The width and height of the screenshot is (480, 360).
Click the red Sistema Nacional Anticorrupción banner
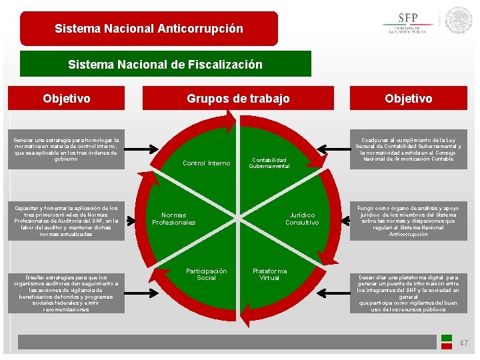[149, 29]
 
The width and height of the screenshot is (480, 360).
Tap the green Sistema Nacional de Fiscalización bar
[165, 65]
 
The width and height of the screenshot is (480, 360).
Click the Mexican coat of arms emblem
[459, 21]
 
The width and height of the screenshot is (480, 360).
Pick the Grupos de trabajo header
[238, 99]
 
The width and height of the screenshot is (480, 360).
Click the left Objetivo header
[67, 99]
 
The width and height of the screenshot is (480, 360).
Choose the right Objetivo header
[408, 99]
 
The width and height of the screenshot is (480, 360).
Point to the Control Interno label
[206, 163]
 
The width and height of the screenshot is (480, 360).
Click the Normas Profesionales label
[173, 219]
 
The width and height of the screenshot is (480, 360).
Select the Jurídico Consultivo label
[302, 219]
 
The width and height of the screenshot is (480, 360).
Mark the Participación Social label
[206, 274]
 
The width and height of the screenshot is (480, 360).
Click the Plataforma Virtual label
[269, 274]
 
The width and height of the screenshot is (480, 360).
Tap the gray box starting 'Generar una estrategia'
[67, 150]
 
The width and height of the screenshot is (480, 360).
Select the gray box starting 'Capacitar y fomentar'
[67, 221]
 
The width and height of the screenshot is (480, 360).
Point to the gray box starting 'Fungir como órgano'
[408, 221]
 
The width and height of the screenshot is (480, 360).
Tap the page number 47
[463, 343]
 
